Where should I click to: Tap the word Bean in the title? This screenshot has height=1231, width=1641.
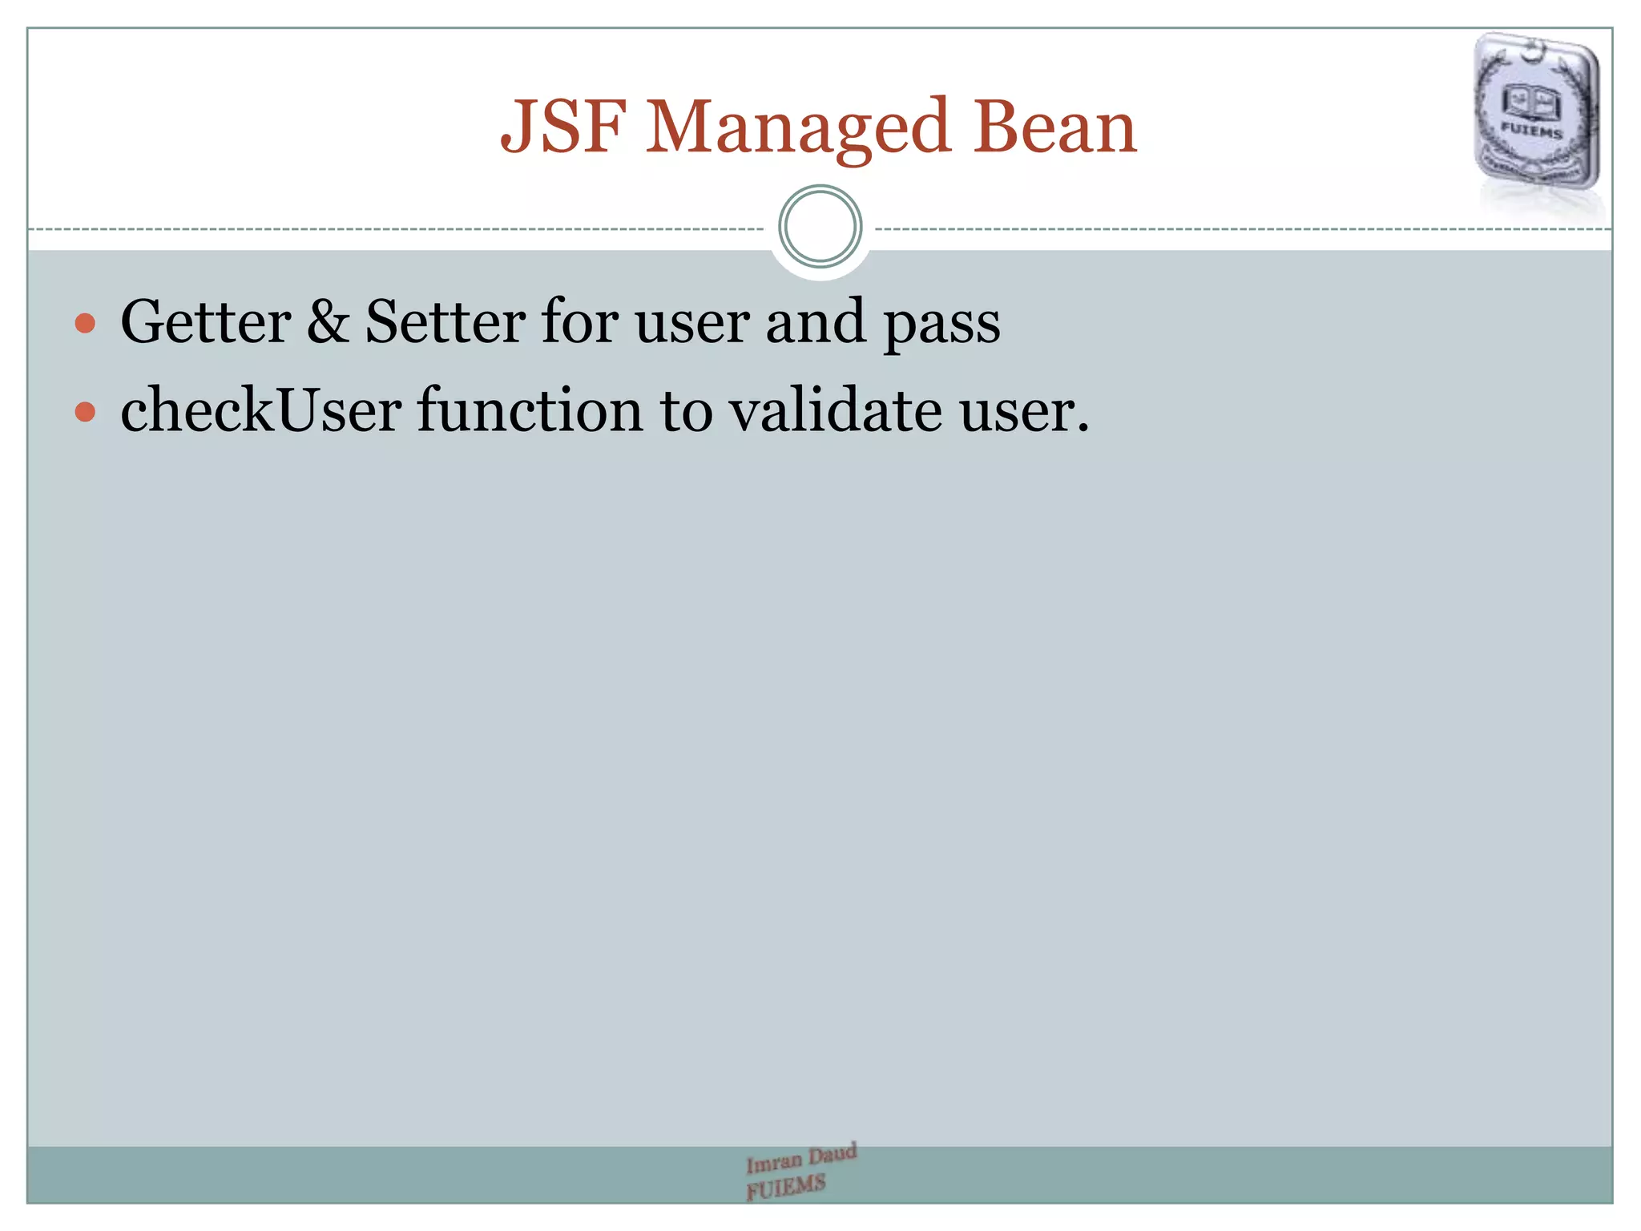tap(1054, 127)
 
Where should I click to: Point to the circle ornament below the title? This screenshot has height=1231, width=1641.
tap(820, 227)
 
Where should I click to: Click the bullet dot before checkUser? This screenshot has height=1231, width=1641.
tap(85, 412)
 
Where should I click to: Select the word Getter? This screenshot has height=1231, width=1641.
tap(205, 322)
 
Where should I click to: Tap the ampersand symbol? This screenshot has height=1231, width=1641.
tap(328, 322)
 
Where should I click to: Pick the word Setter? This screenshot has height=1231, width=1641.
tap(446, 322)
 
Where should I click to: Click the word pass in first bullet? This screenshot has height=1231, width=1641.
tap(941, 325)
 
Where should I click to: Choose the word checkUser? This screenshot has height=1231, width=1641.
tap(260, 410)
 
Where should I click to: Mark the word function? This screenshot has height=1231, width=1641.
tap(530, 410)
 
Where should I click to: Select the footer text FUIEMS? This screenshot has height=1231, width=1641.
tap(785, 1187)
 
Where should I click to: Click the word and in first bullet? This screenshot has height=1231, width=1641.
tap(816, 322)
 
